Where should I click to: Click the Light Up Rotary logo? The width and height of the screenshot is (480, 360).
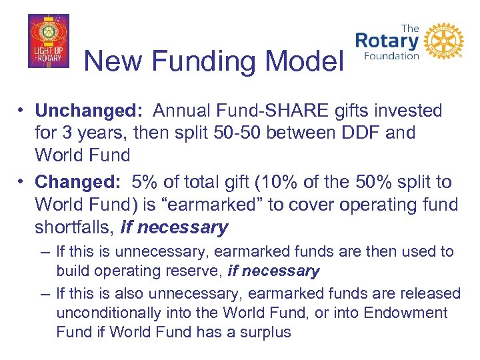[x=48, y=41]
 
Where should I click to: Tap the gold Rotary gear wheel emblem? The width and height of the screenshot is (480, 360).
[x=443, y=42]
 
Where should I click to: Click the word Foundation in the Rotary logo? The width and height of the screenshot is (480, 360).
[x=391, y=56]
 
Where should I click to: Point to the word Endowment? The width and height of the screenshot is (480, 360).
[x=406, y=313]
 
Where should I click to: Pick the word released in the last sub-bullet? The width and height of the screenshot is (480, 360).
[x=432, y=293]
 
